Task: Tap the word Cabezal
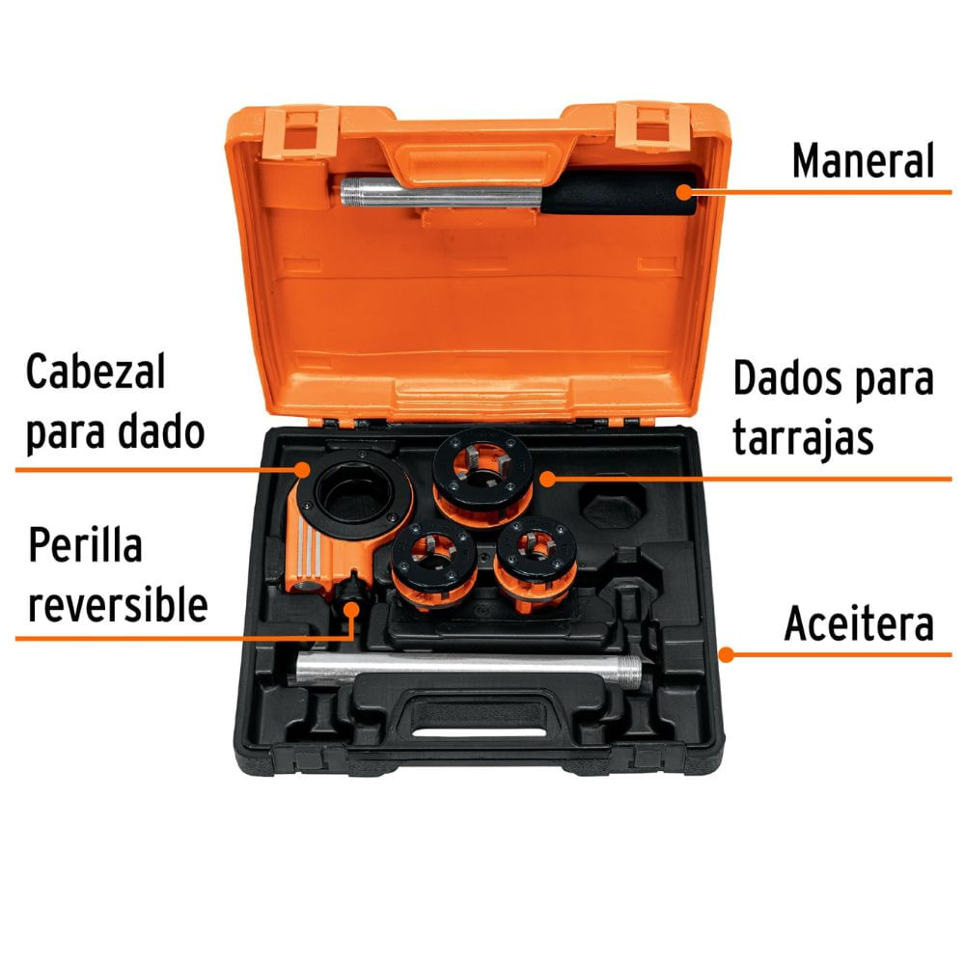[96, 372]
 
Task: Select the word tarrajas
[803, 437]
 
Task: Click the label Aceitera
[859, 624]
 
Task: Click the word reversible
[117, 605]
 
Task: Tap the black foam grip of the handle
[618, 195]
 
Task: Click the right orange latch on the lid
[652, 125]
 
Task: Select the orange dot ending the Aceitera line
[727, 653]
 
